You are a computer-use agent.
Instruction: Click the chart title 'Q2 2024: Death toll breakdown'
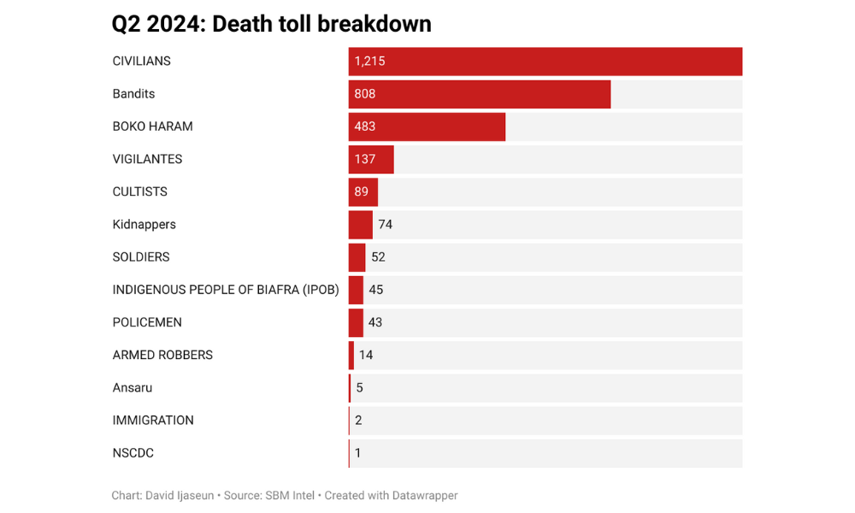271,24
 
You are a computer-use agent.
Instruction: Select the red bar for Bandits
480,94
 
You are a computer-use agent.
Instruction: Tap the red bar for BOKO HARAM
427,127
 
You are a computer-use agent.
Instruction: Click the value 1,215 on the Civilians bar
370,62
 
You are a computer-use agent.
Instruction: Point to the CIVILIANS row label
142,62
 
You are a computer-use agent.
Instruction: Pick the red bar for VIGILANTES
371,159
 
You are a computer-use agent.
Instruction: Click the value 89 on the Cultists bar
362,192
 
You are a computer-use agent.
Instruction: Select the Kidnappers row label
144,225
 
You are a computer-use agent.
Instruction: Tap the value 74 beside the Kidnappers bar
385,225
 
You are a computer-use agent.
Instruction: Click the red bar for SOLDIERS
357,257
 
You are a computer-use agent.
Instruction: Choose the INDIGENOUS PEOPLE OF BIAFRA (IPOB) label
226,290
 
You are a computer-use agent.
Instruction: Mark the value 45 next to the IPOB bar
376,290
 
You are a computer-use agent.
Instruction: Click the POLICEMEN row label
147,322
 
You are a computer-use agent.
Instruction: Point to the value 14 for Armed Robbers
366,355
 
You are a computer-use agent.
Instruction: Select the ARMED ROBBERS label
162,355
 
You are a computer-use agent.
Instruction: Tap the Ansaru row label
133,387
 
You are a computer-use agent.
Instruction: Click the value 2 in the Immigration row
358,421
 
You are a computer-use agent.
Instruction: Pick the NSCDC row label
133,453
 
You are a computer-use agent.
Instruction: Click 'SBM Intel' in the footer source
291,496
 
